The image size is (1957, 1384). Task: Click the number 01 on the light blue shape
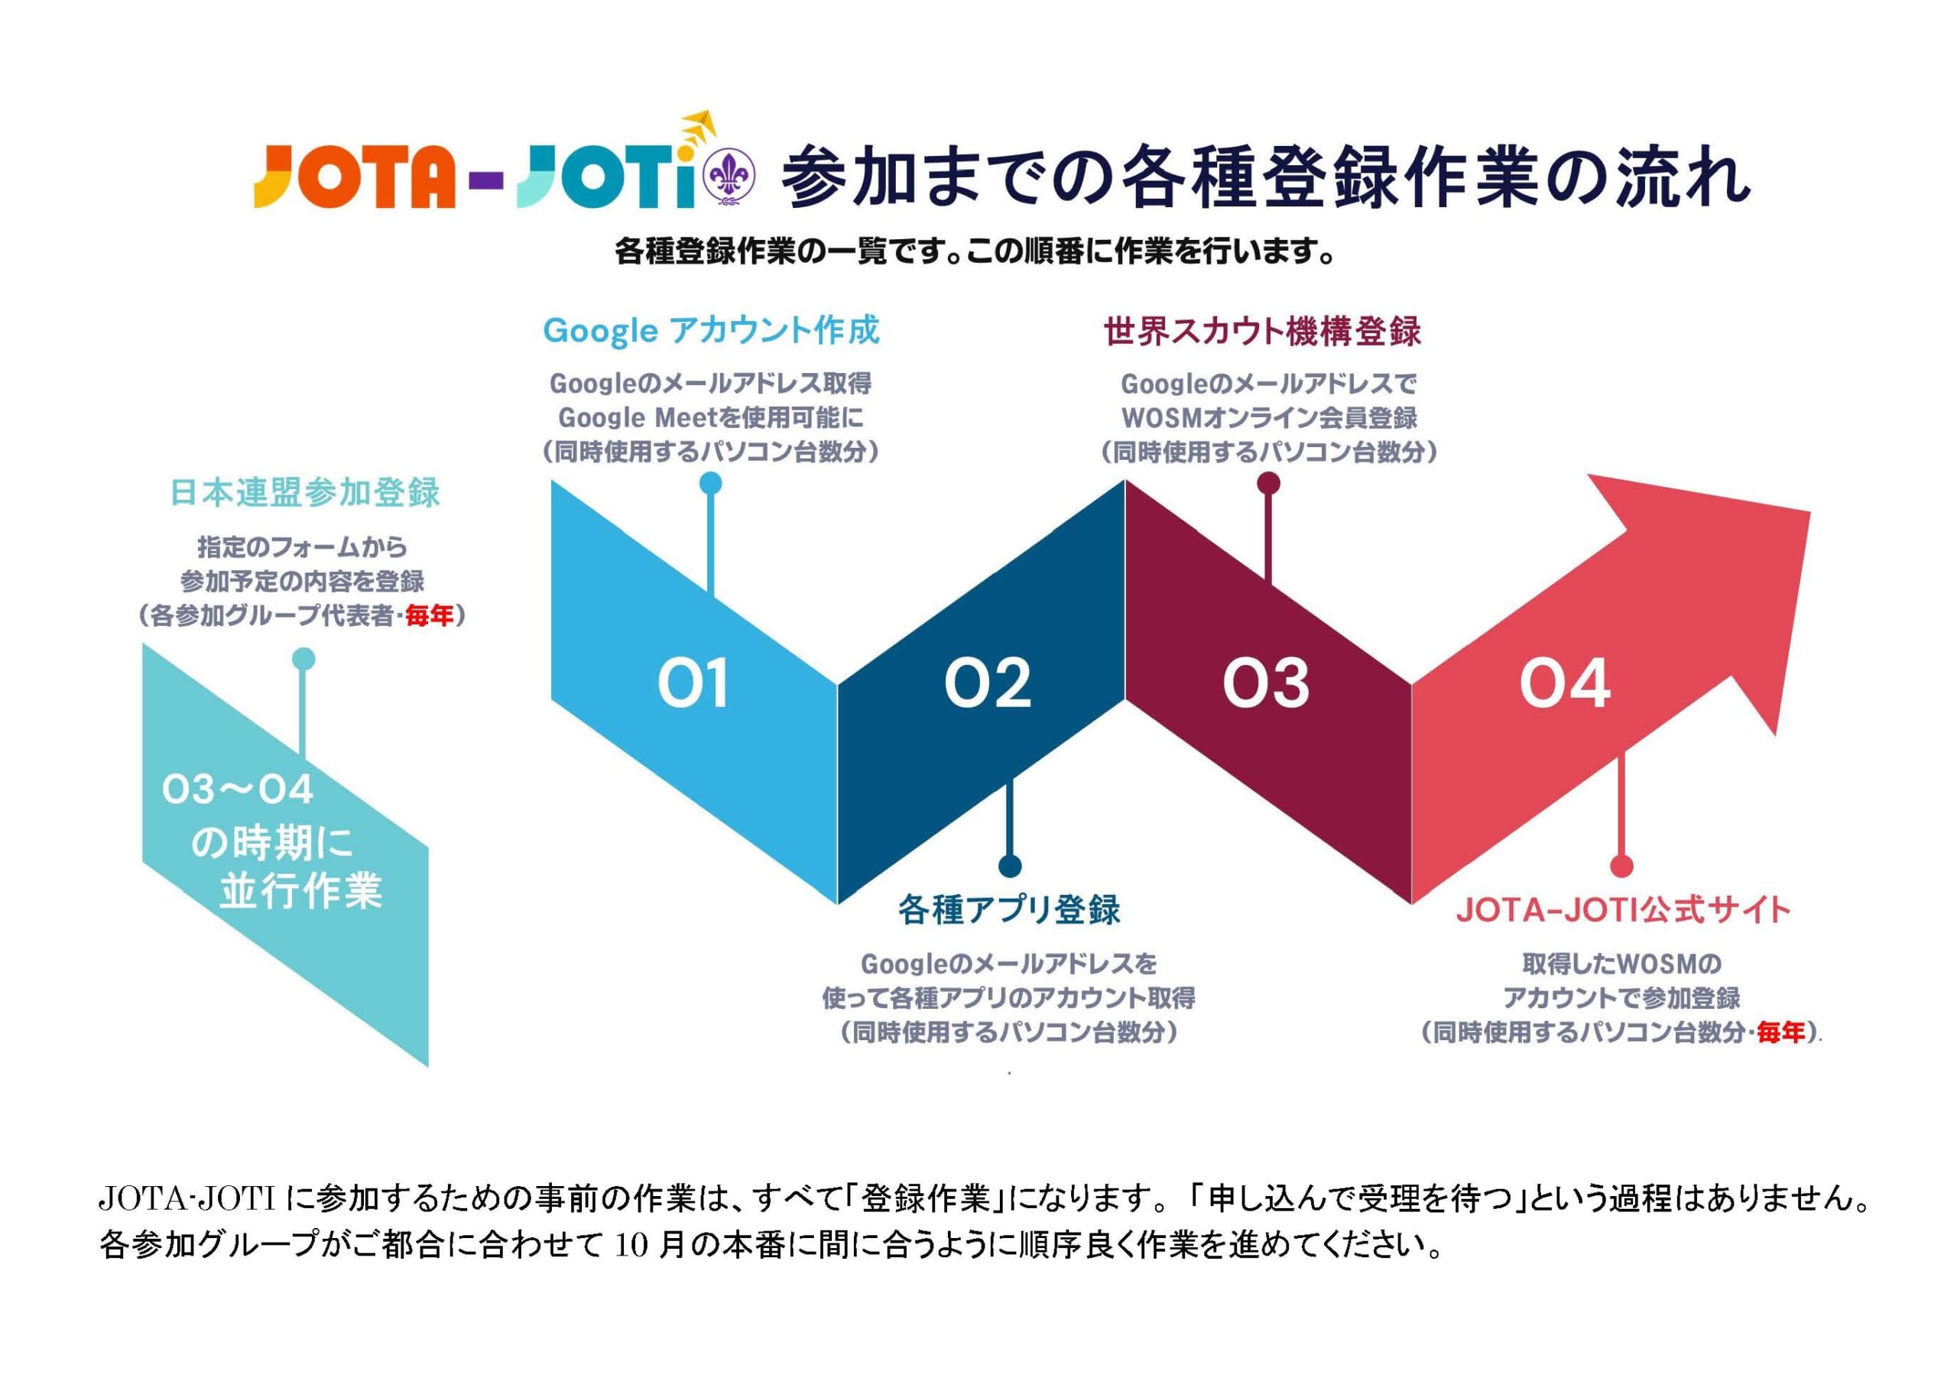[693, 683]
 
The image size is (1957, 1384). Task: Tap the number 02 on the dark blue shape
[988, 683]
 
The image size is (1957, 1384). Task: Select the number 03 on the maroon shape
[1267, 683]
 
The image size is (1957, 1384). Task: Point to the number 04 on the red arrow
[1565, 683]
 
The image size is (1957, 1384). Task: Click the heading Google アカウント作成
[712, 331]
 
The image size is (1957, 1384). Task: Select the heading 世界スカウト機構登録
[1262, 332]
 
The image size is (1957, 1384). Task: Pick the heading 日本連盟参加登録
[305, 493]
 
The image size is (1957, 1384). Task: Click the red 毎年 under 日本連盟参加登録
[430, 615]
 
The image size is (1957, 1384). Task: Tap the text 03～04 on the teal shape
[238, 791]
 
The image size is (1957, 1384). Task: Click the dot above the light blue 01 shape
[710, 484]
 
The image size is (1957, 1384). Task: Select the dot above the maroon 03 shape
[1269, 484]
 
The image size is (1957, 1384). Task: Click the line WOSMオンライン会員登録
[1269, 417]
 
